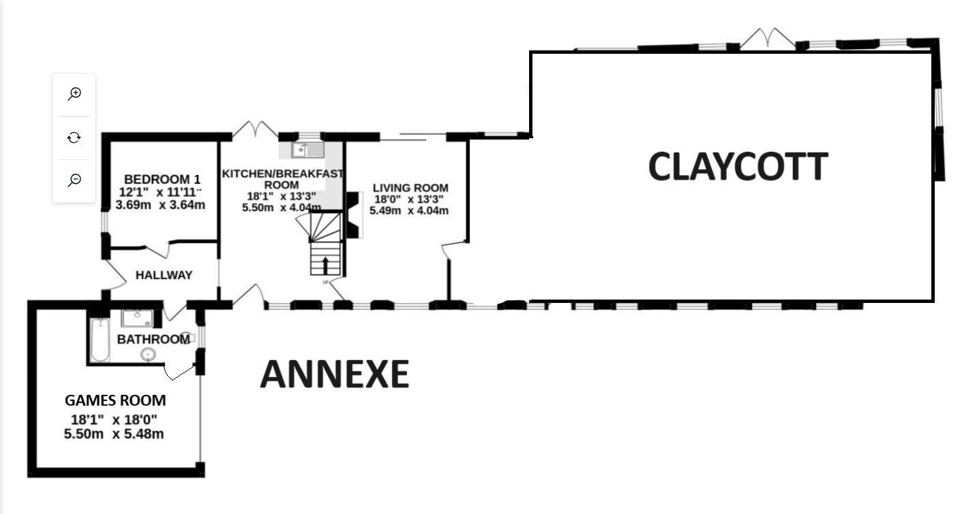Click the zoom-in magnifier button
tap(74, 94)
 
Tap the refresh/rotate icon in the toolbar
tap(74, 138)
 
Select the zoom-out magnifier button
tap(74, 180)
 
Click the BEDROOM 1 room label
tap(162, 179)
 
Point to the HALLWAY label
tap(164, 275)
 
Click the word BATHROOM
tap(153, 340)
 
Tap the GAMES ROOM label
tap(115, 400)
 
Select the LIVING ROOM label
tap(410, 188)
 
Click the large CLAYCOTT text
tap(738, 166)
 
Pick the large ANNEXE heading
tap(335, 374)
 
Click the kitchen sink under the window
tap(307, 150)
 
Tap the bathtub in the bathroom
tap(100, 340)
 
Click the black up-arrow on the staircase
tap(325, 266)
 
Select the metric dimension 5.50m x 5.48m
tap(114, 434)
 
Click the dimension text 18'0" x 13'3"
tap(409, 199)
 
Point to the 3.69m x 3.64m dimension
tap(160, 205)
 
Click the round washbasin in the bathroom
tap(148, 355)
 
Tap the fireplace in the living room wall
tap(353, 214)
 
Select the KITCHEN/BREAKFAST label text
tap(282, 174)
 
